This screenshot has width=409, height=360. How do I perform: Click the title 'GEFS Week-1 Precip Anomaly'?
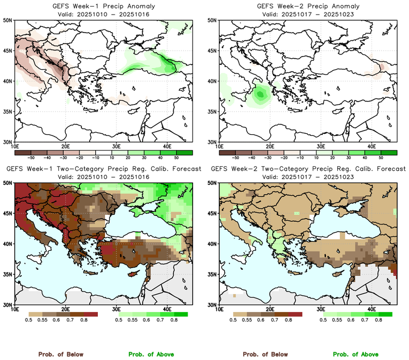coord(103,6)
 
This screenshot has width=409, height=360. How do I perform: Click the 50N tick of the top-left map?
coord(9,20)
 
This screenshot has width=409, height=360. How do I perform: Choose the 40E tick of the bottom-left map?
coord(167,309)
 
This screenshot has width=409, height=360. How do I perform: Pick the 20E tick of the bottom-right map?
coord(270,309)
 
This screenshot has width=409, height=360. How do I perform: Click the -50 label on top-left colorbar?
coord(32,156)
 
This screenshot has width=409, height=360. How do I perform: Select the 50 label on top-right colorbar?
coord(381,156)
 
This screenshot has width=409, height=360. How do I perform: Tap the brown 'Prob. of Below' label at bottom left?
coord(60,354)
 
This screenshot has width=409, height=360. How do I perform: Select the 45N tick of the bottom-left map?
coord(9,213)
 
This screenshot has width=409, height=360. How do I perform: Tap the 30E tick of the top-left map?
coord(116,146)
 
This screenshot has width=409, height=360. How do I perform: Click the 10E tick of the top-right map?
coord(219,146)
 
